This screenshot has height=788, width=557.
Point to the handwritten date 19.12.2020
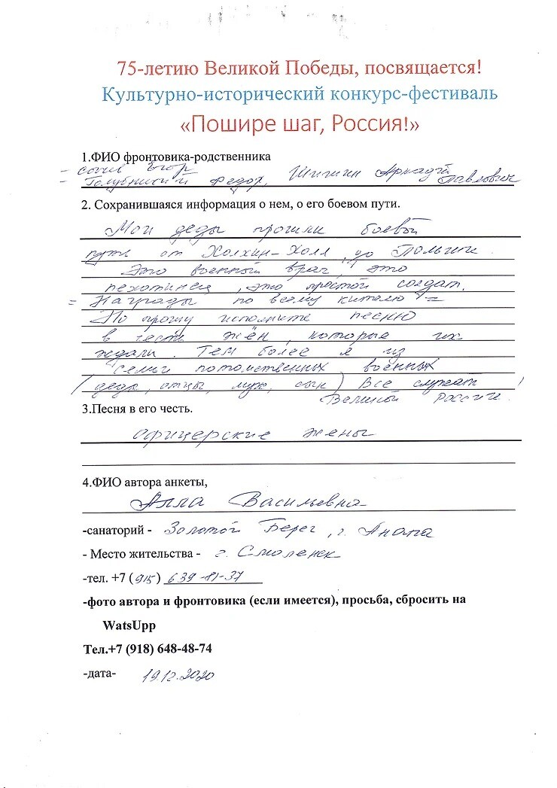click(x=178, y=674)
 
